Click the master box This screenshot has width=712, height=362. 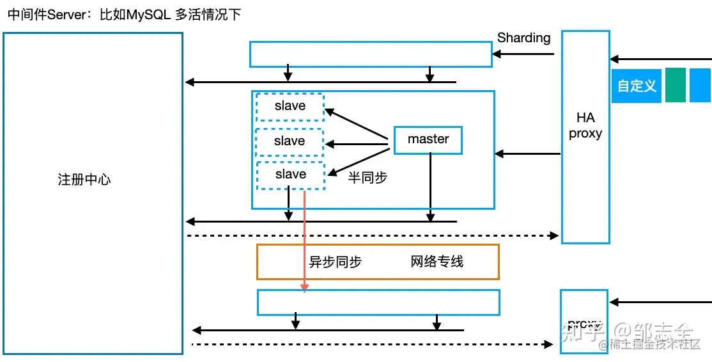[x=428, y=140]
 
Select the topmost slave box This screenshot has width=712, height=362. [x=290, y=107]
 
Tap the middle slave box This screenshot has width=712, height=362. [x=290, y=141]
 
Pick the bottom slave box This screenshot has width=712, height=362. [x=290, y=175]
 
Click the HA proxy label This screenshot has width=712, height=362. [x=585, y=125]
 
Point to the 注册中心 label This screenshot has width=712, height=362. [x=84, y=180]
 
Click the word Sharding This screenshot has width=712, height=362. [x=523, y=38]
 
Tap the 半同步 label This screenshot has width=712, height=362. [x=368, y=178]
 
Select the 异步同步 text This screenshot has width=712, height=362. [x=336, y=262]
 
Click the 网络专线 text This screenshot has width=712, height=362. [x=437, y=261]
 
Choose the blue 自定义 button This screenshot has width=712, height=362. [x=637, y=86]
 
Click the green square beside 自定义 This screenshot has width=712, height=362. [x=675, y=85]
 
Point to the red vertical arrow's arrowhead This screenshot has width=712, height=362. [x=305, y=288]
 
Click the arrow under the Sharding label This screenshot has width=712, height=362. [x=524, y=54]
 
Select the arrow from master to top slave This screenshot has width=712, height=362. [x=358, y=124]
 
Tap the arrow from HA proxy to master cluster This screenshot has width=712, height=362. [x=528, y=153]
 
